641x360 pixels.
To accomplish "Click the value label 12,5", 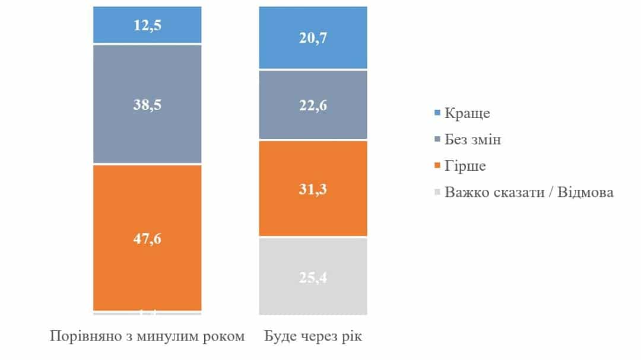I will pyautogui.click(x=148, y=25).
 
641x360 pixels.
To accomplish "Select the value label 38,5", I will pyautogui.click(x=148, y=105).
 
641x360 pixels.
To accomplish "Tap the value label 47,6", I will pyautogui.click(x=148, y=239).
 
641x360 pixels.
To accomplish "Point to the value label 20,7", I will pyautogui.click(x=313, y=39).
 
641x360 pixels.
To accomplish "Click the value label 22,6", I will pyautogui.click(x=313, y=106).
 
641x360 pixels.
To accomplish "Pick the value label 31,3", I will pyautogui.click(x=313, y=190).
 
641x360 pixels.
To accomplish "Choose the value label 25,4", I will pyautogui.click(x=313, y=275).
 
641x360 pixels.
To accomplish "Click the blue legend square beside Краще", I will pyautogui.click(x=438, y=113).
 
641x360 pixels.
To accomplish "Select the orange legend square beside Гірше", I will pyautogui.click(x=438, y=166).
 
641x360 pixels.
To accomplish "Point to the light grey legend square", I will pyautogui.click(x=438, y=192).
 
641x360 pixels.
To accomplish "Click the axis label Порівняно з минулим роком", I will pyautogui.click(x=148, y=336).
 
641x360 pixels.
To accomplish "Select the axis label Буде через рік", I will pyautogui.click(x=313, y=336).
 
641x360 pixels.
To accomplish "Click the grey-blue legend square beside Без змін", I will pyautogui.click(x=438, y=139).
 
